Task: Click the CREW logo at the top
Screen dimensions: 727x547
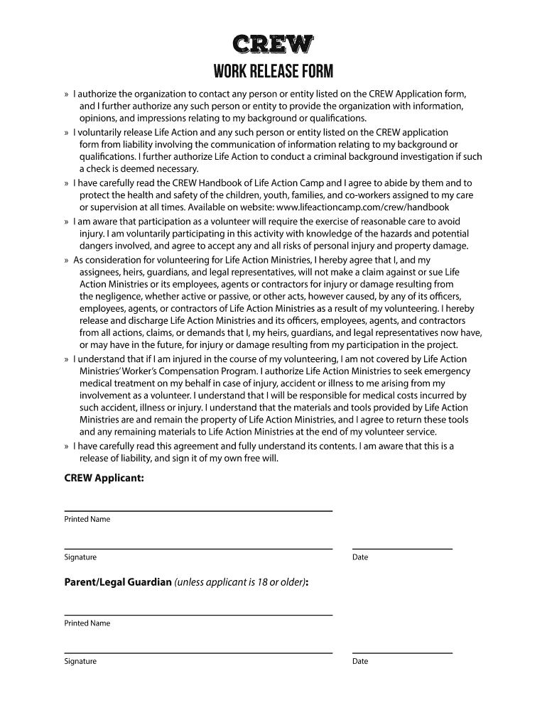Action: point(273,45)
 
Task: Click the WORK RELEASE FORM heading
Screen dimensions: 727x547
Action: point(273,72)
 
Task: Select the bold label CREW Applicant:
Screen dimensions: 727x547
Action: point(104,479)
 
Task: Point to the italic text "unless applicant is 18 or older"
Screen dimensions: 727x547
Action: point(240,582)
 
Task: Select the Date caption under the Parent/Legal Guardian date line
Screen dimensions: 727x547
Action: point(360,661)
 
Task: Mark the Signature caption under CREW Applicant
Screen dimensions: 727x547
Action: point(80,557)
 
